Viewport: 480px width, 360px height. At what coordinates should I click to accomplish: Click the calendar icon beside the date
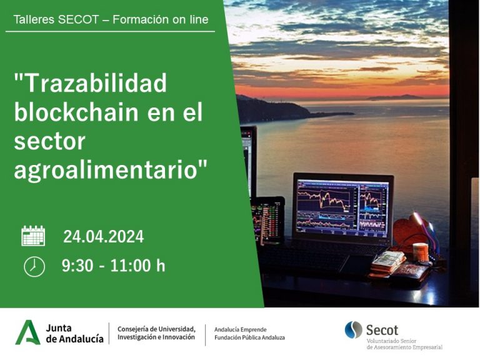point(33,236)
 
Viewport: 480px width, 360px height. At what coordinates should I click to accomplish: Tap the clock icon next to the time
point(34,267)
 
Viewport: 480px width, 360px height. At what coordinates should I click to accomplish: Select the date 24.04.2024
point(104,237)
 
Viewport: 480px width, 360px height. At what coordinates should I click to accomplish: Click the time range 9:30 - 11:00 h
point(114,266)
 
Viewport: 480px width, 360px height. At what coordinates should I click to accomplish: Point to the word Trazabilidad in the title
point(90,83)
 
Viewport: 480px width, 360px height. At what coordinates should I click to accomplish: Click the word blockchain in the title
point(76,112)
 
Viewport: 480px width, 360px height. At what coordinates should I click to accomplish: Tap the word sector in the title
point(49,141)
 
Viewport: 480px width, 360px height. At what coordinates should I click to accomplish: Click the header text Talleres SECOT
point(56,19)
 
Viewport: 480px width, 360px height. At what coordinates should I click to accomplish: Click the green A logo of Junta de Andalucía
point(27,332)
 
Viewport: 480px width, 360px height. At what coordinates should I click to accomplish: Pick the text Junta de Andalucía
point(75,333)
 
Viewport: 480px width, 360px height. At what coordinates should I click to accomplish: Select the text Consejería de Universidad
point(156,329)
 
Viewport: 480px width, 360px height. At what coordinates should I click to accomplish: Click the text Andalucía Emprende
point(240,330)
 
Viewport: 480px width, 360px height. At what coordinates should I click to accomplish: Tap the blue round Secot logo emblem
point(354,330)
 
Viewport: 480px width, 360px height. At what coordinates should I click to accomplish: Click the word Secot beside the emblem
point(382,330)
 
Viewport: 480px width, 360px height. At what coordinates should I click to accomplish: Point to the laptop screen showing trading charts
point(342,208)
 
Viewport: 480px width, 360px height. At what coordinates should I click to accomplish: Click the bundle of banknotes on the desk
point(388,262)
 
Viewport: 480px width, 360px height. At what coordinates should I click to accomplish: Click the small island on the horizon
point(396,97)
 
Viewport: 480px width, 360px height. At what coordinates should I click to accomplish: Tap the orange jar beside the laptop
point(420,252)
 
